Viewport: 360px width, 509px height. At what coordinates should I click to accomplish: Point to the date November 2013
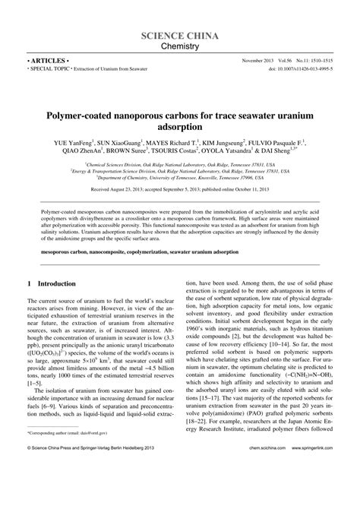click(259, 58)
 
